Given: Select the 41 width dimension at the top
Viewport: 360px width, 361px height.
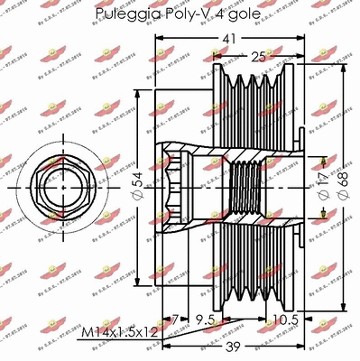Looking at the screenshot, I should pos(232,39).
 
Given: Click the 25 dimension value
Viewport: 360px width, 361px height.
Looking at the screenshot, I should pos(258,57).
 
